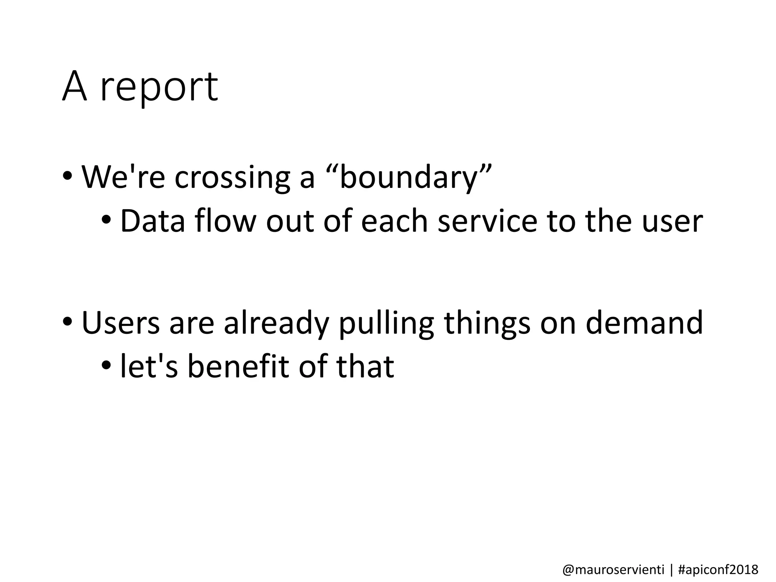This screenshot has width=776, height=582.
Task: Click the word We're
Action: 123,177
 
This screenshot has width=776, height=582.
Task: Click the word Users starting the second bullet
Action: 120,322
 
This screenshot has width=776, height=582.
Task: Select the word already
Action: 276,323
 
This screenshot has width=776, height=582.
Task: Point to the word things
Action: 487,323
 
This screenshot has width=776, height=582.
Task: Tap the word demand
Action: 644,322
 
